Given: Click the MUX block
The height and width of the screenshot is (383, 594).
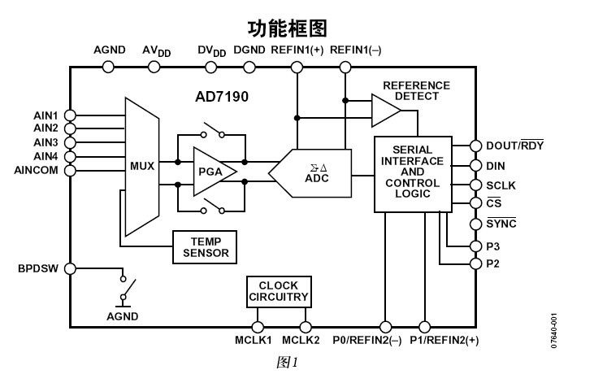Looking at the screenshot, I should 142,167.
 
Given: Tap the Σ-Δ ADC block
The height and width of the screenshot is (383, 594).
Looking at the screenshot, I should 313,173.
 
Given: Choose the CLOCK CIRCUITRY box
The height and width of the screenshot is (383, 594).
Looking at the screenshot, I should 278,291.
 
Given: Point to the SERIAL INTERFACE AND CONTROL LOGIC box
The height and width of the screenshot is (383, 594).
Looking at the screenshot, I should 412,173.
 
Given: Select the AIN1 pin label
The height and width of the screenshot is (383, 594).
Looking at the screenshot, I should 46,115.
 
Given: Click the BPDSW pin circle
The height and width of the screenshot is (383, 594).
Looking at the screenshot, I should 71,268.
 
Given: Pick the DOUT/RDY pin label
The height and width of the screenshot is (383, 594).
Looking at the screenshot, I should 514,146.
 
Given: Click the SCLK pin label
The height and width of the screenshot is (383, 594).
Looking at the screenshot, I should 501,185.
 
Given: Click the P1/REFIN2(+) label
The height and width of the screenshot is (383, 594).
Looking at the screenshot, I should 444,340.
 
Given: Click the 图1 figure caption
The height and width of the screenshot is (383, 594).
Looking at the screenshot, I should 288,361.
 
